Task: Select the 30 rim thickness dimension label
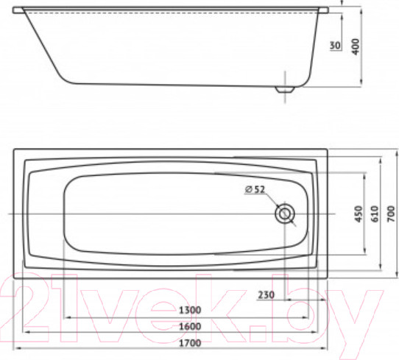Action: (x=334, y=46)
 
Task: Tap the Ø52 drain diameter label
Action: (x=255, y=190)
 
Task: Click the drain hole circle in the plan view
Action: (x=285, y=214)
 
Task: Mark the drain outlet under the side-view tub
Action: (x=284, y=90)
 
